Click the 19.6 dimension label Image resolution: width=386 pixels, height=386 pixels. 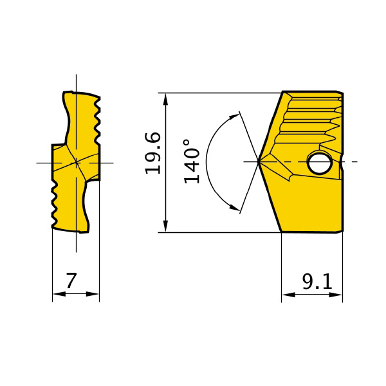(x=153, y=153)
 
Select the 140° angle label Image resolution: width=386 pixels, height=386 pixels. (x=192, y=161)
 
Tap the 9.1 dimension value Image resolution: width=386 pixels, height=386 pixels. (x=317, y=281)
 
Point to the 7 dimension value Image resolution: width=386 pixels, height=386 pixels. (x=71, y=280)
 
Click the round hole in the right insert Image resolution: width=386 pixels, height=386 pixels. (x=319, y=163)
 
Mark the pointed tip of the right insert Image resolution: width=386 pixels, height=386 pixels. (x=258, y=161)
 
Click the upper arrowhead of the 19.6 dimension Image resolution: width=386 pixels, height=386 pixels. (x=166, y=100)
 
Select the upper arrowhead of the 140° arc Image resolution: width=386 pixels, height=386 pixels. (x=234, y=116)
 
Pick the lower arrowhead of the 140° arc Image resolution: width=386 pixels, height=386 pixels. (x=234, y=207)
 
